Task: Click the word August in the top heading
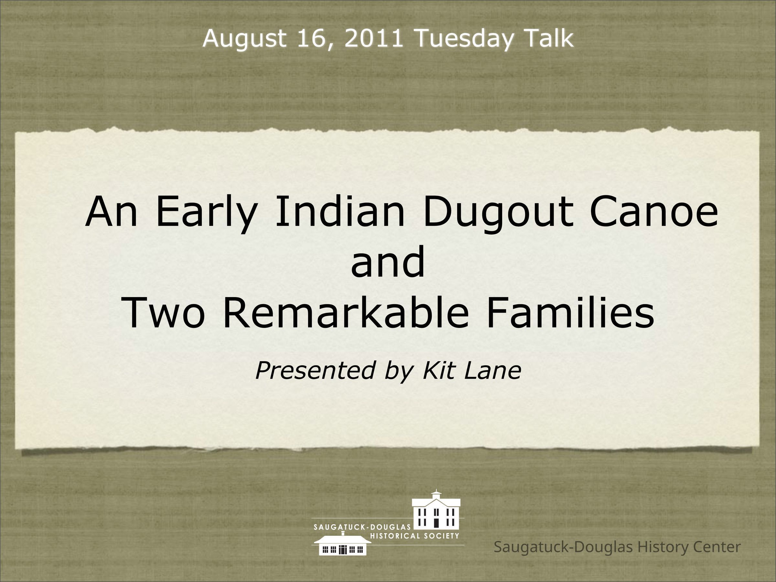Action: pos(244,39)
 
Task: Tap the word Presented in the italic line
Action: pos(315,371)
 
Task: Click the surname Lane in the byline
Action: pos(493,371)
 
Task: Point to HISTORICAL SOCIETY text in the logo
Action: pos(415,536)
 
